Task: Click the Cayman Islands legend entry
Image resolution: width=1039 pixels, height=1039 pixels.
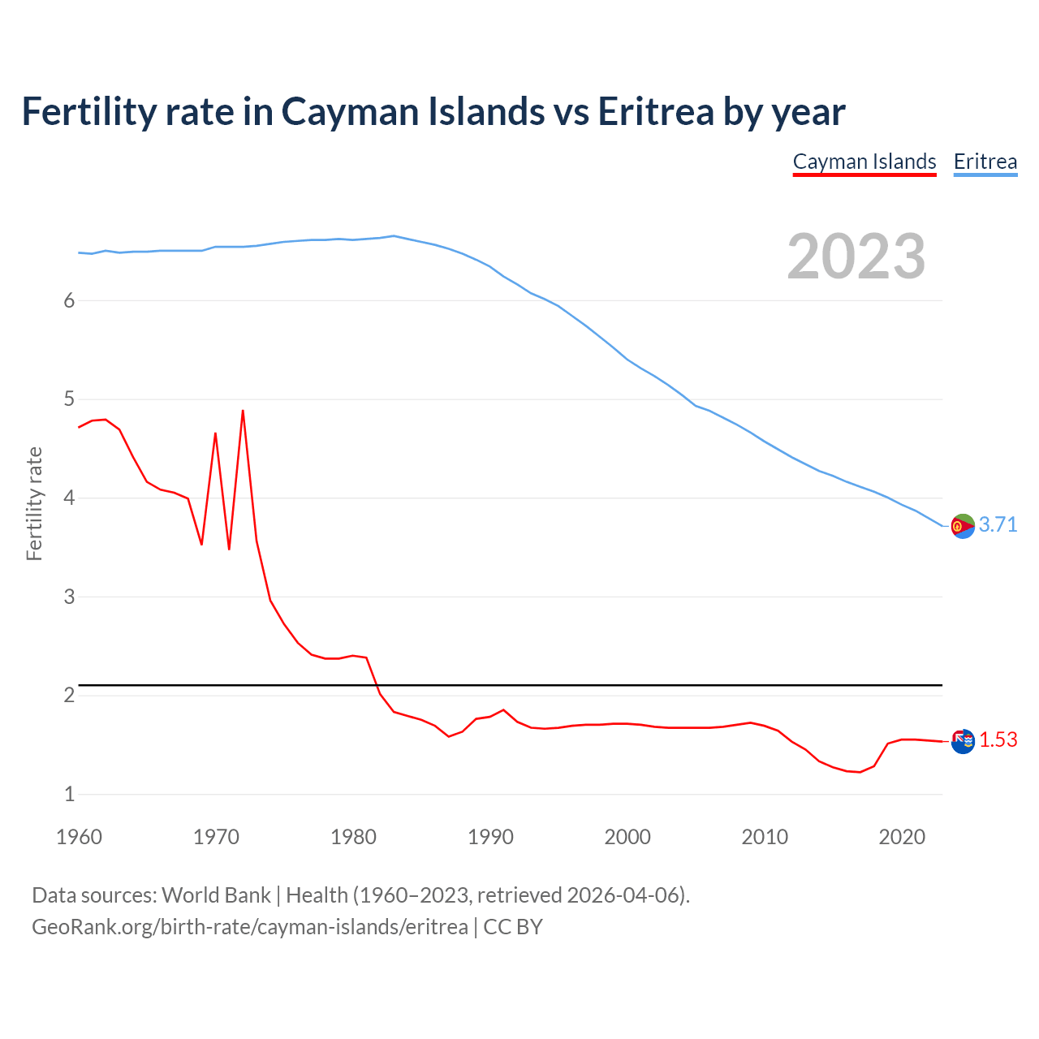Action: click(864, 162)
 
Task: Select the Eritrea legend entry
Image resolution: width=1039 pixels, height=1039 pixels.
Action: click(985, 162)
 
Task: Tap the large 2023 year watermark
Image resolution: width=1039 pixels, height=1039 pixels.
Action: click(856, 257)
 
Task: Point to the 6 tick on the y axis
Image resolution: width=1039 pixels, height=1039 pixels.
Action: click(69, 300)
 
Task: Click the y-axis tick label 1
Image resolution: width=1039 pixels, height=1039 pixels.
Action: click(69, 794)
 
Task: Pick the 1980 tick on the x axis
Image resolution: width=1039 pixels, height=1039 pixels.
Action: click(353, 837)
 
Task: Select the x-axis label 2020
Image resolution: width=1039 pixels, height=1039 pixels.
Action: click(902, 837)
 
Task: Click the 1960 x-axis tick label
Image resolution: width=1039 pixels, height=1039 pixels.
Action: click(79, 837)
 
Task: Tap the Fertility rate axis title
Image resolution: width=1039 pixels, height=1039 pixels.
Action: click(34, 503)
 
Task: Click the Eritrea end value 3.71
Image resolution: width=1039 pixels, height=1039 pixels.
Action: click(998, 524)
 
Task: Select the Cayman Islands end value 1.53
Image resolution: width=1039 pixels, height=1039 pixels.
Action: click(998, 739)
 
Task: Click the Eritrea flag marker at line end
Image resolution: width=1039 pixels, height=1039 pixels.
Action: click(963, 526)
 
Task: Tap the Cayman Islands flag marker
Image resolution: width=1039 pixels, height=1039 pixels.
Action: click(963, 741)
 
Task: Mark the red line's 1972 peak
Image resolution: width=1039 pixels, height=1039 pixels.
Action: click(243, 411)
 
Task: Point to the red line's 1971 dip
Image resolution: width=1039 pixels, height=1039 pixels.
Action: click(229, 549)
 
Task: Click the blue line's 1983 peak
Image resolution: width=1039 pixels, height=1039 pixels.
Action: click(394, 236)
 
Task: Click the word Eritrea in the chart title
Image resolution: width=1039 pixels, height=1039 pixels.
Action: click(656, 111)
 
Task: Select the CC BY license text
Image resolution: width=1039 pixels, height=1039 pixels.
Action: click(513, 926)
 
